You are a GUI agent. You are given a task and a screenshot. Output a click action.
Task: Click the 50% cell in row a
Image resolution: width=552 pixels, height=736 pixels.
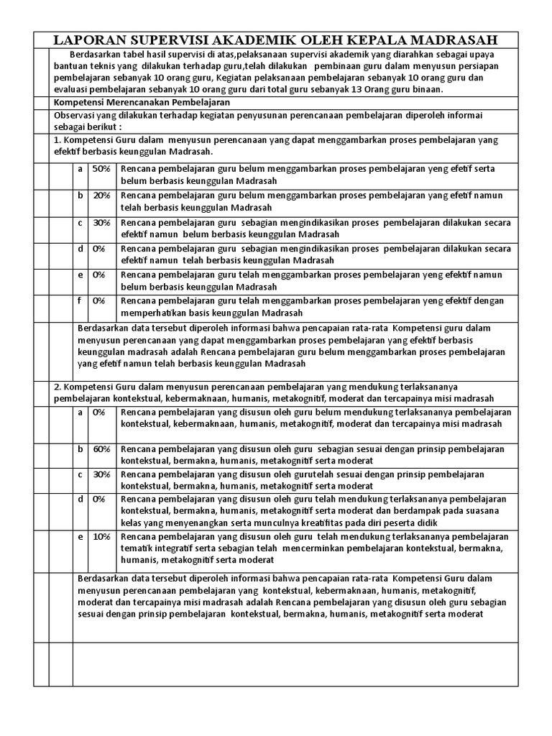pyautogui.click(x=101, y=169)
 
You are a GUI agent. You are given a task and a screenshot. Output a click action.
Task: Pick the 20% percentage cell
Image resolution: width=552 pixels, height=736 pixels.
pyautogui.click(x=101, y=195)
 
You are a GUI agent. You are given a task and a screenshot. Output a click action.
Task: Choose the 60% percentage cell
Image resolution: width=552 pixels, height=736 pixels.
pyautogui.click(x=101, y=448)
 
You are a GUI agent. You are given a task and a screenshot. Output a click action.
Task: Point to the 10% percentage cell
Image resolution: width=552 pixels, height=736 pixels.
pyautogui.click(x=101, y=536)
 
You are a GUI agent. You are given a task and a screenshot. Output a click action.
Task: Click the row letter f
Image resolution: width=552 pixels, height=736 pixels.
pyautogui.click(x=80, y=300)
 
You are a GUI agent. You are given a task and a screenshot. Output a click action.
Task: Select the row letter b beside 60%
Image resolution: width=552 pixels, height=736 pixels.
pyautogui.click(x=80, y=448)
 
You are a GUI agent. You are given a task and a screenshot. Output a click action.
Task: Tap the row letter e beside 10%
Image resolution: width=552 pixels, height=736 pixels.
pyautogui.click(x=80, y=536)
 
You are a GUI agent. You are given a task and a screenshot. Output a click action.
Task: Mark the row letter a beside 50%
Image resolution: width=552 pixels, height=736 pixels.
pyautogui.click(x=80, y=169)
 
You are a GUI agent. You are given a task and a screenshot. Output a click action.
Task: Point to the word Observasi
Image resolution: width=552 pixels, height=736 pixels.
pyautogui.click(x=76, y=116)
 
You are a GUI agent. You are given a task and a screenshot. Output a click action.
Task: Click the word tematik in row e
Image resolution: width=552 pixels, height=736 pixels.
pyautogui.click(x=137, y=548)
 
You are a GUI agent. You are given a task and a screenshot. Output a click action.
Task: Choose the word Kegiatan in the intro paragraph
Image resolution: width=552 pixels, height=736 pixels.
pyautogui.click(x=239, y=78)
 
